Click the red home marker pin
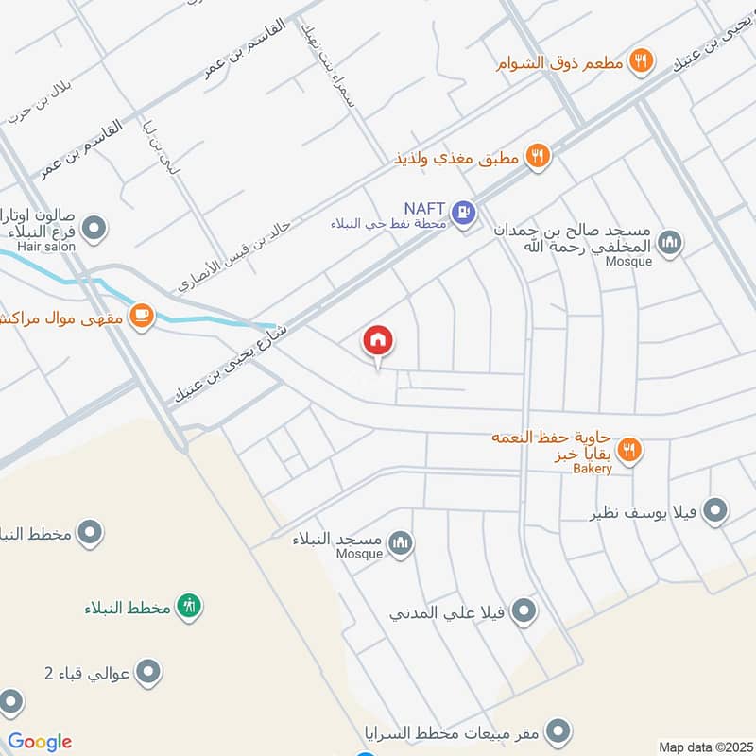378,341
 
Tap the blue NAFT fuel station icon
462,212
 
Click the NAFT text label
423,208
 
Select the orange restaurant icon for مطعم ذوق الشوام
642,61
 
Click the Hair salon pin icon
94,228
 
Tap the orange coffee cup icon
141,315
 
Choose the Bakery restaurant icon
630,450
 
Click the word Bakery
592,469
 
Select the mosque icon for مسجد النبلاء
402,543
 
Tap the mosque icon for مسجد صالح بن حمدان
670,243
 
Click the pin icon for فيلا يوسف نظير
715,510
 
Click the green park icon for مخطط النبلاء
190,606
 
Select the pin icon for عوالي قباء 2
147,673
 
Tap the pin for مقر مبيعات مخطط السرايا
558,730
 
